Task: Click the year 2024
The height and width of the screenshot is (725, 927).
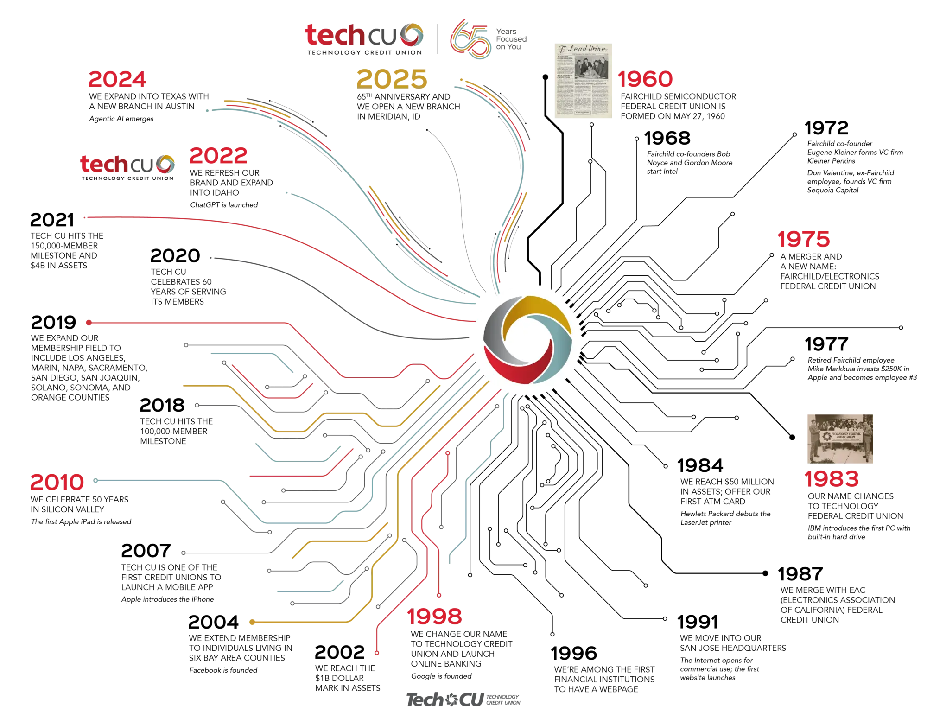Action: pyautogui.click(x=117, y=80)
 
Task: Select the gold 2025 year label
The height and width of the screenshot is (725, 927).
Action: pyautogui.click(x=392, y=78)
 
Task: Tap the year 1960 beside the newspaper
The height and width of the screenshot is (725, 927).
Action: pyautogui.click(x=645, y=79)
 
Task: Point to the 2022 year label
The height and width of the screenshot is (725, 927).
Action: pyautogui.click(x=218, y=156)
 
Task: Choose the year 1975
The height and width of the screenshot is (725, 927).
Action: pyautogui.click(x=803, y=240)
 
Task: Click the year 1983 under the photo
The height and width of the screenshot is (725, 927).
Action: pyautogui.click(x=832, y=479)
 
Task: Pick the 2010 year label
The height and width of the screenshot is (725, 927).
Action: pyautogui.click(x=57, y=482)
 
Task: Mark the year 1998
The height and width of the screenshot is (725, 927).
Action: pyautogui.click(x=435, y=616)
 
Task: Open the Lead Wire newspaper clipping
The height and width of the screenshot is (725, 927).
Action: pyautogui.click(x=584, y=81)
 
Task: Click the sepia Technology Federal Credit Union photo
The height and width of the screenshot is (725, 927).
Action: pyautogui.click(x=839, y=439)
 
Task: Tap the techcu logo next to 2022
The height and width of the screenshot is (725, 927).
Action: pyautogui.click(x=128, y=164)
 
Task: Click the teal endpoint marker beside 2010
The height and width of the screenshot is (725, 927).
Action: pyautogui.click(x=96, y=480)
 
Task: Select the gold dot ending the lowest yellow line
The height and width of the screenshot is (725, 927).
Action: pyautogui.click(x=252, y=622)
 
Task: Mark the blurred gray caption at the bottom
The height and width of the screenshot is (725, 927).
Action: pyautogui.click(x=463, y=700)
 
